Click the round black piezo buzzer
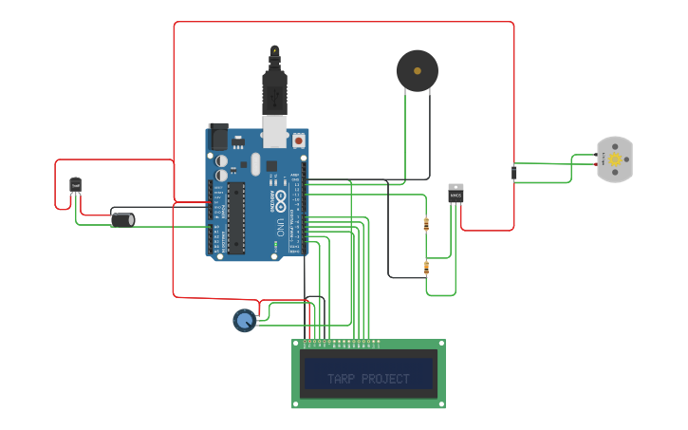coord(418,71)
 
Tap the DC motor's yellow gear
coord(614,159)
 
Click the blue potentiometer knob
coord(245,321)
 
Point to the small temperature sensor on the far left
coord(75,184)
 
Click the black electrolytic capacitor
coord(122,219)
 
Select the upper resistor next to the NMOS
coord(425,225)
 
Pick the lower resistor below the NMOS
coord(426,268)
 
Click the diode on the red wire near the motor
coord(513,173)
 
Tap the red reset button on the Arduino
coord(299,140)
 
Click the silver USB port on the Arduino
coord(275,131)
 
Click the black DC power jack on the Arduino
coord(219,137)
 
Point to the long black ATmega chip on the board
coord(236,218)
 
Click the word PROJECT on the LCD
coord(386,379)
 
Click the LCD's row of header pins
coord(342,341)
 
